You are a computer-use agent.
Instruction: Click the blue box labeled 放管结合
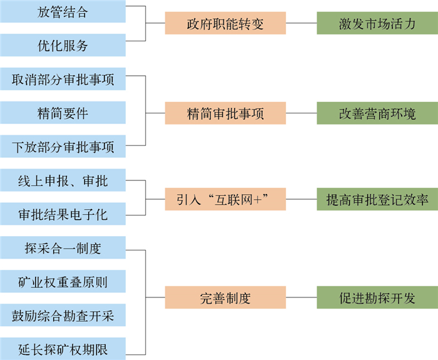[63, 11]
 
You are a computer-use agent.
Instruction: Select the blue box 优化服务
[63, 46]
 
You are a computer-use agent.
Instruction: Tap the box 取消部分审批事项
[63, 80]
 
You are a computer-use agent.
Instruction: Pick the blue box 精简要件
[63, 113]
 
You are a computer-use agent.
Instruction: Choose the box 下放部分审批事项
[63, 147]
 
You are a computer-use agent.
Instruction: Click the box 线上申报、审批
[63, 181]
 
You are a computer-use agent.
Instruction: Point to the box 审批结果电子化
[63, 215]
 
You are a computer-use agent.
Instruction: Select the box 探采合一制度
[63, 249]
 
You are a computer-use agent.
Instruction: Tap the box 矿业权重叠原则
[63, 282]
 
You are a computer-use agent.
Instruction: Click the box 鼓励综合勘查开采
[63, 315]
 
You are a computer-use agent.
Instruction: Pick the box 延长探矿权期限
[63, 348]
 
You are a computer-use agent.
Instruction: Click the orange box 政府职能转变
[225, 24]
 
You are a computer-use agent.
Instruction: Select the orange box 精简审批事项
[225, 113]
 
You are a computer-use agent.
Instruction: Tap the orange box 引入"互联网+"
[225, 199]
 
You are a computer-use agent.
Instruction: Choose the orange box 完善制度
[225, 298]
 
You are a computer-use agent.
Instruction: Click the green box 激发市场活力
[377, 24]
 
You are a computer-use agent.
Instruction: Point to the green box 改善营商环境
[377, 113]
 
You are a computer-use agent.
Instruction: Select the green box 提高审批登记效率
[377, 199]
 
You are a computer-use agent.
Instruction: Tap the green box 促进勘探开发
[377, 298]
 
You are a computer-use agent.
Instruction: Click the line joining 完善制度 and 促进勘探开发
[301, 298]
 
